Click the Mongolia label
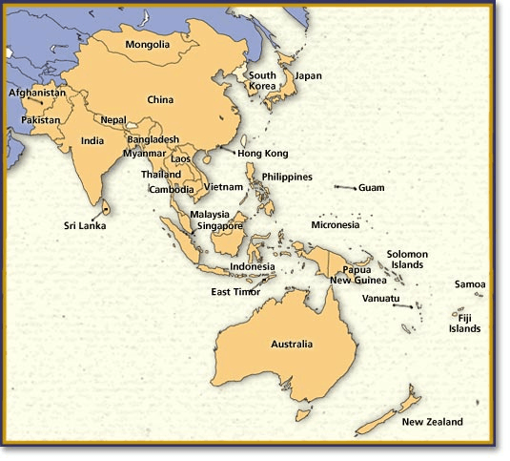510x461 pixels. click(148, 44)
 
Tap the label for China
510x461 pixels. click(160, 99)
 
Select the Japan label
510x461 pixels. click(308, 75)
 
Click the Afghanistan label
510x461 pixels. click(37, 93)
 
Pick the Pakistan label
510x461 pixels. click(41, 120)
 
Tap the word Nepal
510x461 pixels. click(112, 120)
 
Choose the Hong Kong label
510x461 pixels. click(262, 153)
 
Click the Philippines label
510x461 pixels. click(286, 177)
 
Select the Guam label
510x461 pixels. click(372, 188)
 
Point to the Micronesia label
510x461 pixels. click(336, 225)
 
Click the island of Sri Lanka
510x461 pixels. click(106, 207)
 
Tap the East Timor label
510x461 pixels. click(235, 291)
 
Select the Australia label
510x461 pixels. click(292, 344)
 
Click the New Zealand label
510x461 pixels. click(432, 421)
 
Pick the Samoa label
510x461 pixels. click(470, 284)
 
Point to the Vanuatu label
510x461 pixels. click(381, 298)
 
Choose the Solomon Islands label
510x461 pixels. click(407, 260)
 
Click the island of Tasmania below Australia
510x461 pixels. click(302, 415)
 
